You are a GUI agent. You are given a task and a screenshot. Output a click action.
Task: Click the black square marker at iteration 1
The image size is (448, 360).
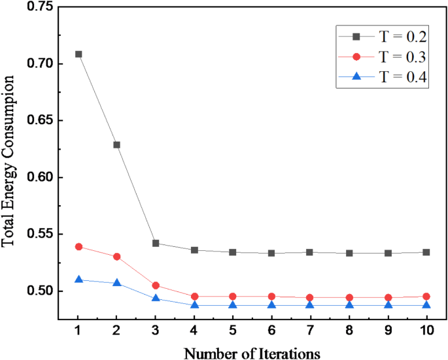coord(78,54)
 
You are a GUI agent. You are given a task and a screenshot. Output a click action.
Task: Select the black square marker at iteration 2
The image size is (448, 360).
coord(117,144)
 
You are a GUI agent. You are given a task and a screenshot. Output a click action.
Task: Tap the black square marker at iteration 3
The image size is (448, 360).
coord(156,243)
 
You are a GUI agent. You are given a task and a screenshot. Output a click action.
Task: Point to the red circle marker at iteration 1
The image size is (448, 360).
coord(78,246)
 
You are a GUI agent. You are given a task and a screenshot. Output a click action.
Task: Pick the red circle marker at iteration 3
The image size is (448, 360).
coord(156,286)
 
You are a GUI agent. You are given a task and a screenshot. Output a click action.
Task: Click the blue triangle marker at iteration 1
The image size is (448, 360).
coord(78,280)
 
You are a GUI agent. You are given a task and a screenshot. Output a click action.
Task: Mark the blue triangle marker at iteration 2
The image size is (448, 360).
coord(117,283)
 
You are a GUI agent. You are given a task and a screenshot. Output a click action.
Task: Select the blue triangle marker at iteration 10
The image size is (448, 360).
coord(426,305)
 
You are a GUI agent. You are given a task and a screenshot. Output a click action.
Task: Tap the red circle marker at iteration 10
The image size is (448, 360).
coord(426,296)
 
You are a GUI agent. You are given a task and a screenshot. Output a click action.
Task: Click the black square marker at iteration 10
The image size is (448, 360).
coord(426,252)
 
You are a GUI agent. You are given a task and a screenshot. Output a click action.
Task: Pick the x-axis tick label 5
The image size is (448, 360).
coord(233,330)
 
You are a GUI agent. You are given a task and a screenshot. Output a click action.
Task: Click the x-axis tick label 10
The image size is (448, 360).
coord(426,330)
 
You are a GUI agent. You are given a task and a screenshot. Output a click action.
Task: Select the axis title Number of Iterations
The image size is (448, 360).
coord(252,353)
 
